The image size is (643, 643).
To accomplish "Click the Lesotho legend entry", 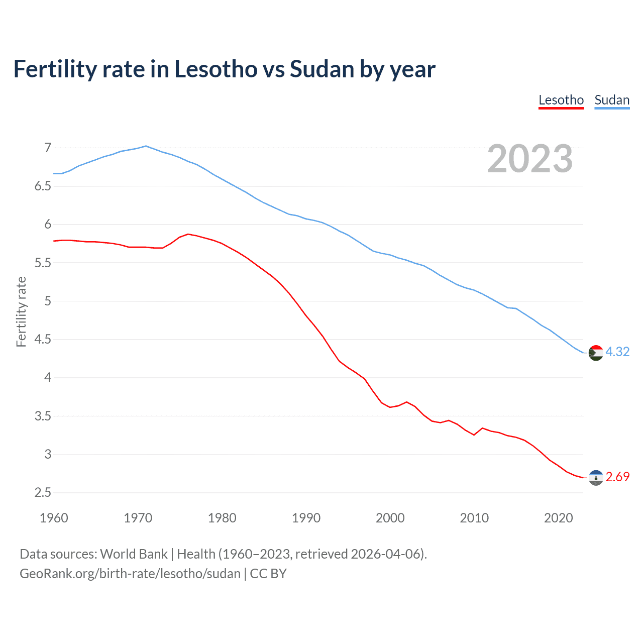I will pyautogui.click(x=561, y=100).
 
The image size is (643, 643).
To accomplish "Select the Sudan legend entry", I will pyautogui.click(x=611, y=100).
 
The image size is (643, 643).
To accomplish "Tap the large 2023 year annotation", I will pyautogui.click(x=530, y=159).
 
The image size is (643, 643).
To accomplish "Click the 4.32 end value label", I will pyautogui.click(x=617, y=352).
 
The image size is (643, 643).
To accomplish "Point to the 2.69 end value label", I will pyautogui.click(x=617, y=477).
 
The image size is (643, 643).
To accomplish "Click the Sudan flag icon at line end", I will pyautogui.click(x=595, y=353).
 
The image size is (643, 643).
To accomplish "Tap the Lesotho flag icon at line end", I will pyautogui.click(x=595, y=478).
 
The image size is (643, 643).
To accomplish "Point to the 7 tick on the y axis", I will pyautogui.click(x=48, y=148).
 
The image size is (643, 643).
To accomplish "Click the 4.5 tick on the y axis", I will pyautogui.click(x=43, y=340).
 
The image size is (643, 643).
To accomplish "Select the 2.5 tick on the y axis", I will pyautogui.click(x=43, y=493).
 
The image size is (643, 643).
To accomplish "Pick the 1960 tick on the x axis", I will pyautogui.click(x=54, y=518).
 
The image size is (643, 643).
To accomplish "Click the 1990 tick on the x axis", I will pyautogui.click(x=306, y=518).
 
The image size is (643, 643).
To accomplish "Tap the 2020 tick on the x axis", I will pyautogui.click(x=558, y=518).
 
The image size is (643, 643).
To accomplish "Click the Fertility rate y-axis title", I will pyautogui.click(x=21, y=311).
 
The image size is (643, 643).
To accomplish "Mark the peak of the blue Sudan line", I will pyautogui.click(x=146, y=146).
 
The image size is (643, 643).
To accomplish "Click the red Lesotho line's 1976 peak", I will pyautogui.click(x=188, y=234).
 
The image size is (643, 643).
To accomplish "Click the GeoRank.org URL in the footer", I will pyautogui.click(x=130, y=574).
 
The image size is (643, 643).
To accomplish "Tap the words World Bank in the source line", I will pyautogui.click(x=134, y=554).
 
